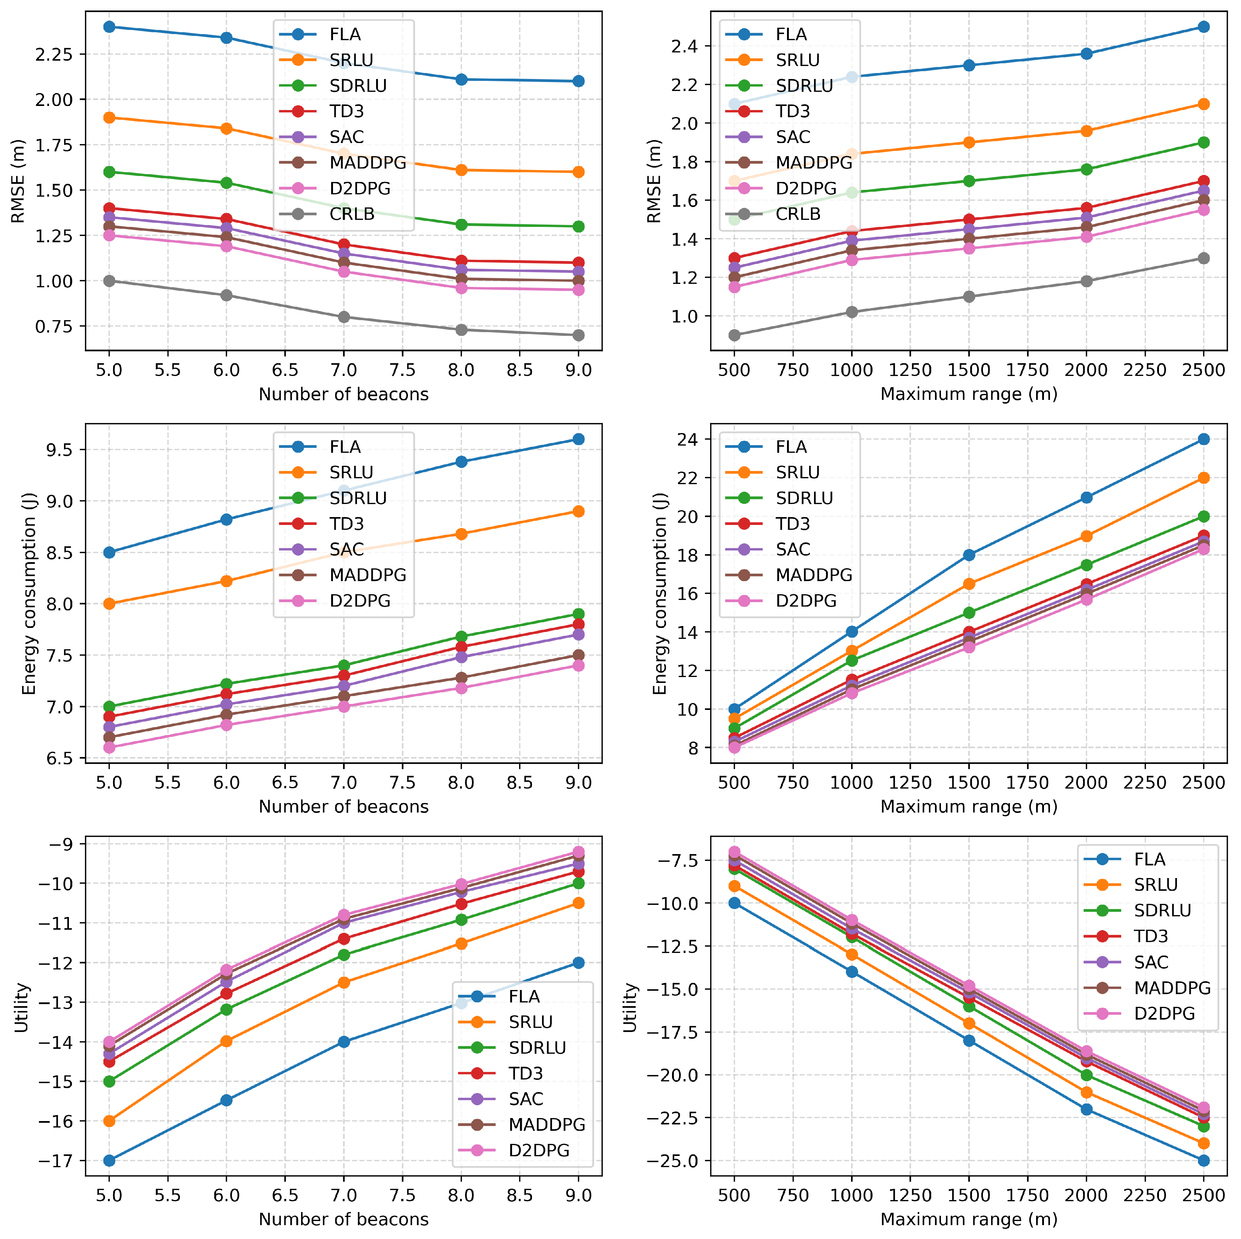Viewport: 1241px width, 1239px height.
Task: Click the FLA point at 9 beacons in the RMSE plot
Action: tap(578, 81)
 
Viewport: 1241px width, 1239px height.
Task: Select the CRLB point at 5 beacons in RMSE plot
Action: tap(109, 280)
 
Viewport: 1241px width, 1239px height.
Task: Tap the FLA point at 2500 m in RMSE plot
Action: tap(1203, 27)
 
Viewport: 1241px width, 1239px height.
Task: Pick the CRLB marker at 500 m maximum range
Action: tap(734, 335)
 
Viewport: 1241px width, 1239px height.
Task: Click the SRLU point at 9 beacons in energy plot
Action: tap(578, 511)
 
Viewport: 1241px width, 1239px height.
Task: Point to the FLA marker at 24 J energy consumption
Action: tap(1203, 439)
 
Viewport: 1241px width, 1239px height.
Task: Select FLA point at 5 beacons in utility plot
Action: tap(109, 1160)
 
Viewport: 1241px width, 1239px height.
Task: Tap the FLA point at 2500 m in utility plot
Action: tap(1203, 1160)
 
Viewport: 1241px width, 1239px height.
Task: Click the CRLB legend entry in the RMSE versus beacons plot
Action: tap(351, 214)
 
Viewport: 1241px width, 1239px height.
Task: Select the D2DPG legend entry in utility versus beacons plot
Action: tap(538, 1150)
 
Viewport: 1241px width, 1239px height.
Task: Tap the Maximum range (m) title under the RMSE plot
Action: tap(969, 394)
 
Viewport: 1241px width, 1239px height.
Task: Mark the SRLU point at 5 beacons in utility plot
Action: tap(109, 1121)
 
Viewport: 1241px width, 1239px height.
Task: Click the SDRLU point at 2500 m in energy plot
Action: tap(1203, 516)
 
